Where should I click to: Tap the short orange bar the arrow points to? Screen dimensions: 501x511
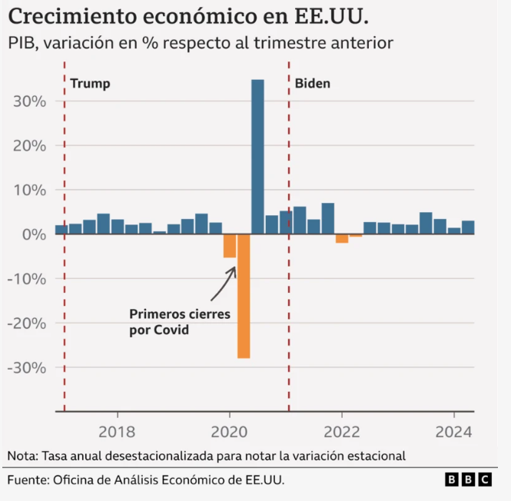tap(229, 246)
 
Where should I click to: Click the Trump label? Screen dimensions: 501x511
tap(90, 84)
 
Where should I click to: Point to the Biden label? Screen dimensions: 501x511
tap(313, 83)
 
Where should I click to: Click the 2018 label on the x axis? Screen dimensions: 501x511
tap(118, 431)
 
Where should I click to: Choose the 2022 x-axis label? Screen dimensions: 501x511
tap(342, 431)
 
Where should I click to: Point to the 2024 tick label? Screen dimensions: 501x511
tap(454, 431)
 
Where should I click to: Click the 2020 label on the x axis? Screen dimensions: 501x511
tap(230, 431)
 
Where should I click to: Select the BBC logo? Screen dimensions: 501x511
tap(468, 479)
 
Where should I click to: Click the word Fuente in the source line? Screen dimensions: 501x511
tap(28, 480)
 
